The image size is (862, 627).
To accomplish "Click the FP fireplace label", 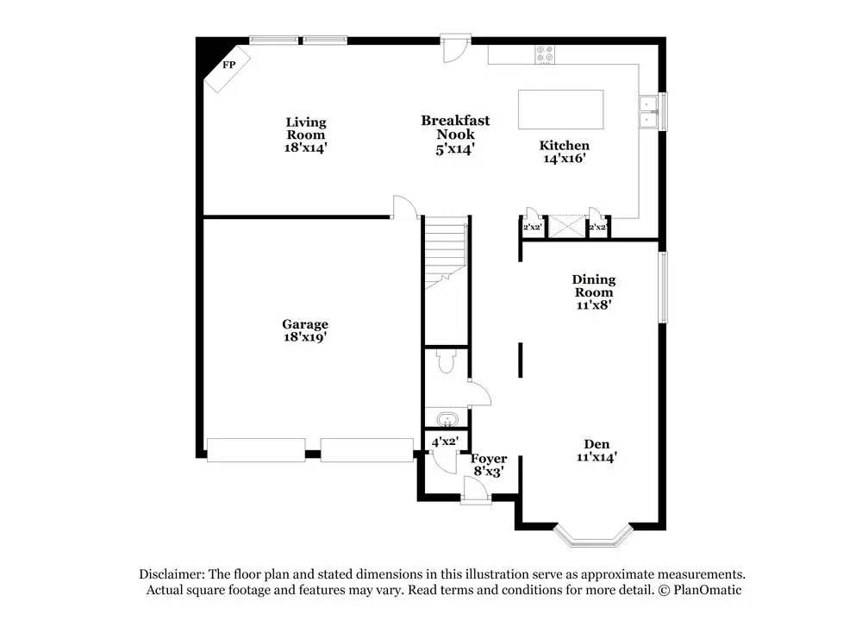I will pos(229,65).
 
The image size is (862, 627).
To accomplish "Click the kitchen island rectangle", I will pos(560,109).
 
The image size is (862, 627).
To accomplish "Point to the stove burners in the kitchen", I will pos(545,54).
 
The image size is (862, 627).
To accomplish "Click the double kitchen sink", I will pos(648,112).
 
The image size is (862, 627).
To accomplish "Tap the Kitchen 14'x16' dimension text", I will pos(565,159).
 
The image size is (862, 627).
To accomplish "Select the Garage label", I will pos(305,324).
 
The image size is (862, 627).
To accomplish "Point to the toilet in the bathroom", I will pos(446,361).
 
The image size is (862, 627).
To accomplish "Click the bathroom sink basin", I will pos(445,420).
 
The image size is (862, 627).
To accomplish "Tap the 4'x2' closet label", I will pos(445,441).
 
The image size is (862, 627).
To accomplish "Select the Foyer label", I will pos(489,459).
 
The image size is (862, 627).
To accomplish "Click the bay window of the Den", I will pos(594,540).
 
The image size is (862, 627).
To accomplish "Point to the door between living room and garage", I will pos(404,207).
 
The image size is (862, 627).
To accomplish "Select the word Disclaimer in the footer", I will pos(170,574).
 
